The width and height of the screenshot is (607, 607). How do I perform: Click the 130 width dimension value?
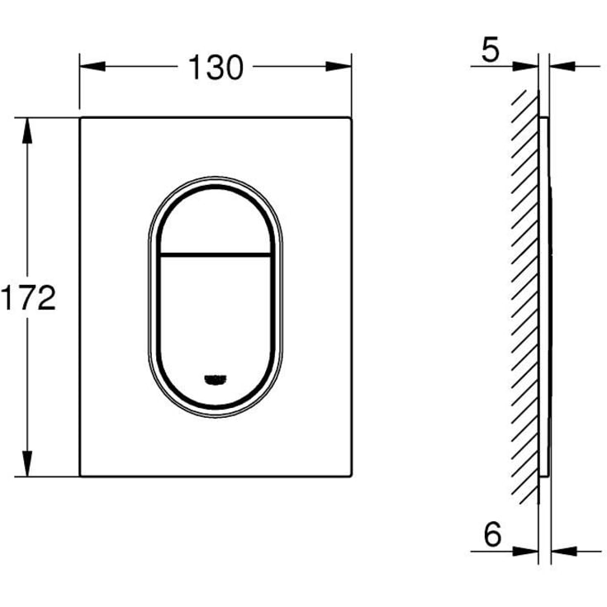(216, 68)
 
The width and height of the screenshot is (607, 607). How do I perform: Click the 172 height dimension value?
(28, 297)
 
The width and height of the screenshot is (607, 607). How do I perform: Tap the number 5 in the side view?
(491, 51)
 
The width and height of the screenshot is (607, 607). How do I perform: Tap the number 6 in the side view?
(492, 536)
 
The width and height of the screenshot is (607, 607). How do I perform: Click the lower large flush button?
(216, 322)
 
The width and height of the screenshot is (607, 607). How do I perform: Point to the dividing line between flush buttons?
(216, 252)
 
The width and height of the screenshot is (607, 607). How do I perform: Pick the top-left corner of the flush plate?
(81, 119)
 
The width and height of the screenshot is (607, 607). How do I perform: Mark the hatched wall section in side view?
(525, 297)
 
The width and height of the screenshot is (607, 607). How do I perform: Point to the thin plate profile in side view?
(544, 297)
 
